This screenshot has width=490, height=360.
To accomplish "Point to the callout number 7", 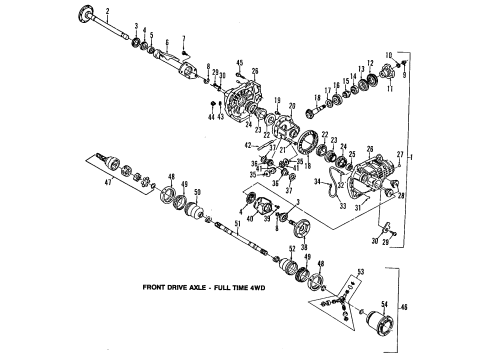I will tap(183, 39).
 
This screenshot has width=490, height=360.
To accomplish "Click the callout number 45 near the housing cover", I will tap(240, 63).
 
